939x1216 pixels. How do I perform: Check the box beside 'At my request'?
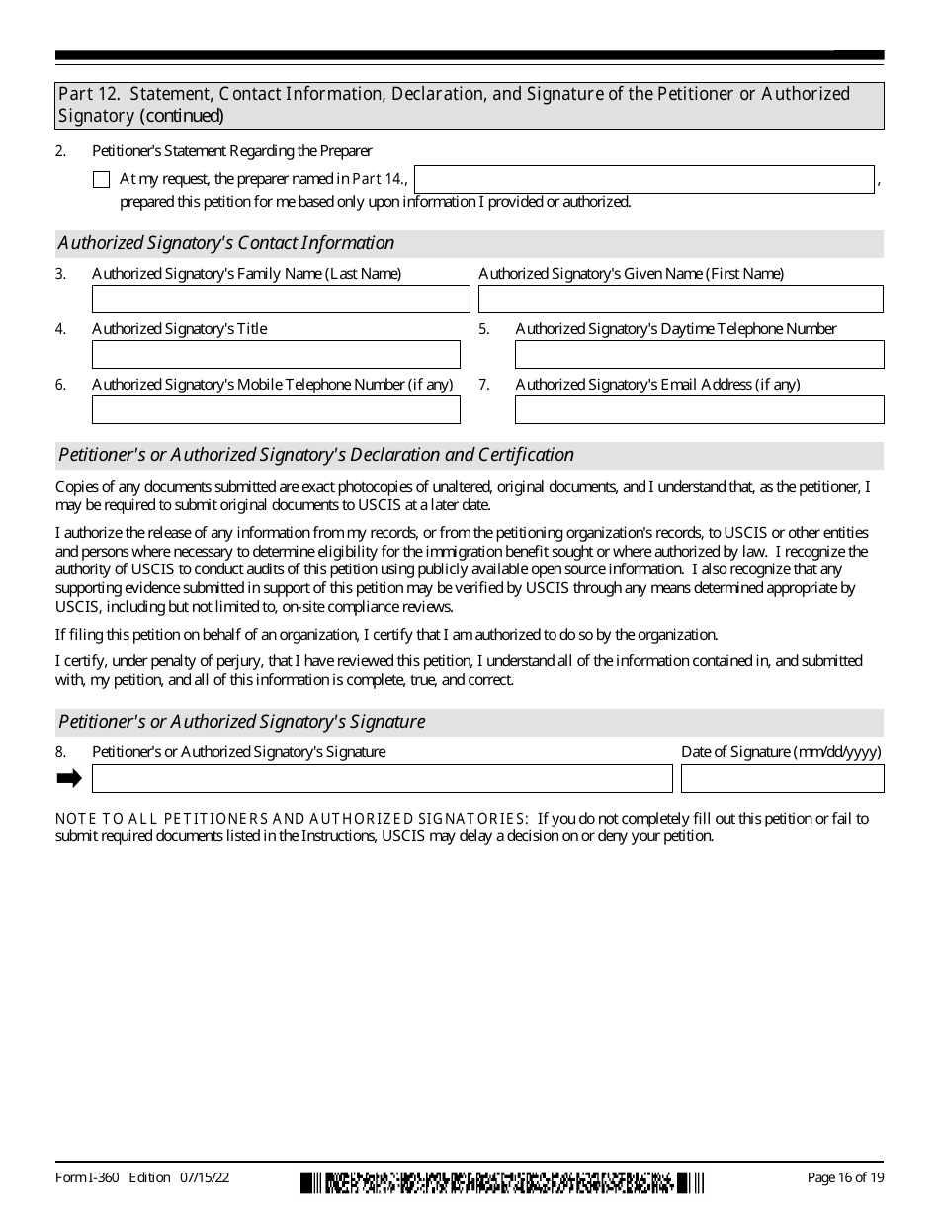101,180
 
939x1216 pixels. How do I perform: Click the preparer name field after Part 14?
644,180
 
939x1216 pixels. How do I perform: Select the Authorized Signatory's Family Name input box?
281,300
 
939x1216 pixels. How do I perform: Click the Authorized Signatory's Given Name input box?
681,300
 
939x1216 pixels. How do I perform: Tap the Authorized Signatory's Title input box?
276,355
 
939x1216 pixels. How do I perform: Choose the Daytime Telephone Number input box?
699,355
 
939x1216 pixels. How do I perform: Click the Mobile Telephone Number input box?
276,410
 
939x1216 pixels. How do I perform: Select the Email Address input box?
699,410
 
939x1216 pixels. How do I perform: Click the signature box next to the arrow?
382,779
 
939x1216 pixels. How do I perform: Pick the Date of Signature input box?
782,779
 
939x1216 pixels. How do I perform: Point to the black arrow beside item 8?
69,779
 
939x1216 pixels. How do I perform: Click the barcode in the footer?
502,1182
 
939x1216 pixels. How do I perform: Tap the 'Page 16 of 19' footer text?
845,1177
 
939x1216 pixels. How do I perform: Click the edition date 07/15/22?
206,1177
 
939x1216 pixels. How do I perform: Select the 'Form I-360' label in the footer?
88,1177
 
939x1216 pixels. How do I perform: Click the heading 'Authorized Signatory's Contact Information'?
226,243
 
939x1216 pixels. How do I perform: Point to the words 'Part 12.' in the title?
90,94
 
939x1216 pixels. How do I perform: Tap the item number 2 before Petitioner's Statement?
60,151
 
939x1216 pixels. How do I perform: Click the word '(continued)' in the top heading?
182,116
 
